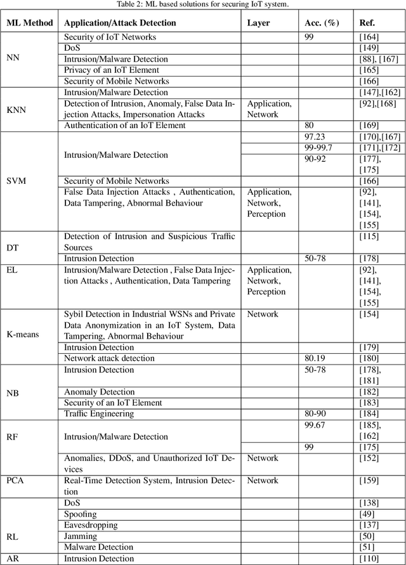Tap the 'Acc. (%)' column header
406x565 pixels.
tap(322, 22)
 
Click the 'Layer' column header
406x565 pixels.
tap(258, 22)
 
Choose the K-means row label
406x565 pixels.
tap(26, 334)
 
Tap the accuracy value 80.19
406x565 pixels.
tap(317, 358)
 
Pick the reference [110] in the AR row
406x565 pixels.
tap(369, 559)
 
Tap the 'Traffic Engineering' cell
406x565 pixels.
tap(99, 414)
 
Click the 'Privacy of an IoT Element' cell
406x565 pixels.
tap(112, 70)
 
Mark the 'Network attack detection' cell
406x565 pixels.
tap(109, 358)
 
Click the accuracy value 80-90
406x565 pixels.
tap(315, 414)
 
